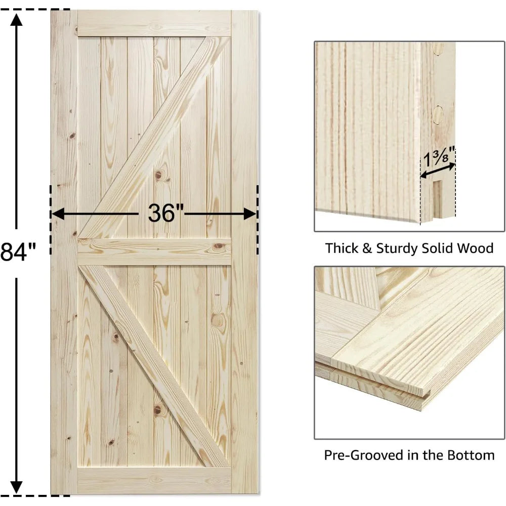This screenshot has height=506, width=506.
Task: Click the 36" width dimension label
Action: (165, 213)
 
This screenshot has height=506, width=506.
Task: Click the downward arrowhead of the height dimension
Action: (17, 487)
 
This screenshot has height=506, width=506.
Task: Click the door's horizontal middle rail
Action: (154, 251)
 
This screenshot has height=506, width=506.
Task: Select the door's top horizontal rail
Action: (154, 23)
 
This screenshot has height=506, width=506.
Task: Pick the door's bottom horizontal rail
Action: (154, 481)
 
